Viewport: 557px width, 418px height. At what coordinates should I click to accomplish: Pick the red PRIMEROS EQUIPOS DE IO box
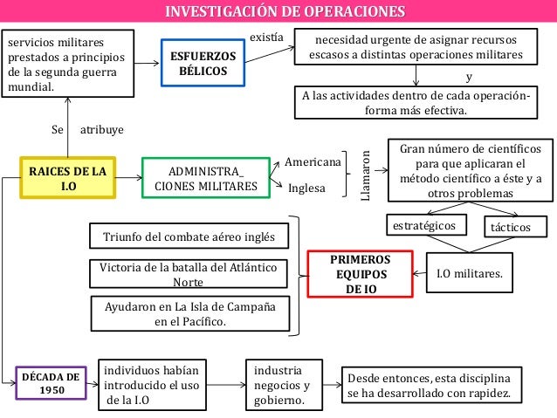361,273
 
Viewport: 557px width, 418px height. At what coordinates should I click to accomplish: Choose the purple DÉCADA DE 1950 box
52,383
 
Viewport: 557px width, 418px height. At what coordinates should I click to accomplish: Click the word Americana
313,162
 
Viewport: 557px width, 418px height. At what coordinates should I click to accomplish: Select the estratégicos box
423,226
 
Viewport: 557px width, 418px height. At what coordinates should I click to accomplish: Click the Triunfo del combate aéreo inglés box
189,236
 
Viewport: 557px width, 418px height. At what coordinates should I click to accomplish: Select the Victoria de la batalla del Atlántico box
189,275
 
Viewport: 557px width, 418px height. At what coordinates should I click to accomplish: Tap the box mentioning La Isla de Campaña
189,314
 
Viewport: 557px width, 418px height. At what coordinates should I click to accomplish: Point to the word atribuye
102,129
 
